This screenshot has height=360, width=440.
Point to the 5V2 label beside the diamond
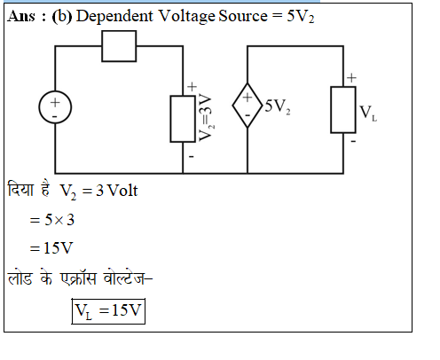pos(278,106)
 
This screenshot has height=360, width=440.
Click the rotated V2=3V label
pos(205,117)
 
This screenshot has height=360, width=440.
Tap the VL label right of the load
pos(368,113)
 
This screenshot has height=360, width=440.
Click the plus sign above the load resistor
pos(351,78)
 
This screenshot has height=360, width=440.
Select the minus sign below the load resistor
pos(353,141)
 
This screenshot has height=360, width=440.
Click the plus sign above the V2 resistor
pos(192,87)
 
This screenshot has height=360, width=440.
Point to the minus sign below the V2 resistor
pos(192,156)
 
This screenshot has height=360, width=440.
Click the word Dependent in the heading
pos(114,17)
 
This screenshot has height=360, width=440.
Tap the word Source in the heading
pos(243,16)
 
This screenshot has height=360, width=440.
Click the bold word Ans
pos(21,16)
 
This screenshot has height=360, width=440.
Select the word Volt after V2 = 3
pos(122,191)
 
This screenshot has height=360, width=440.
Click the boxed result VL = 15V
pos(108,311)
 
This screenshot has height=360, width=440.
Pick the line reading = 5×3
pos(52,220)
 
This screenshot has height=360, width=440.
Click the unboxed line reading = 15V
pos(51,248)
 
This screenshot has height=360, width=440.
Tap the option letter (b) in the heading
pos(62,17)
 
